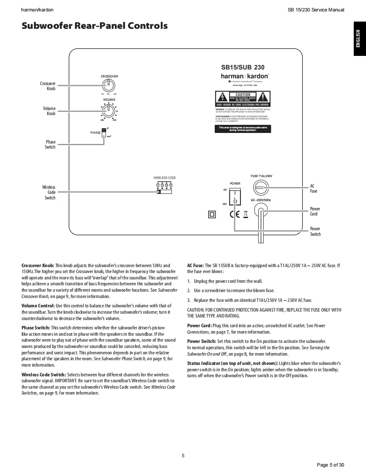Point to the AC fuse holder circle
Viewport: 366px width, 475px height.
click(261, 187)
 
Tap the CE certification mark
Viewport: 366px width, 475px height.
click(235, 214)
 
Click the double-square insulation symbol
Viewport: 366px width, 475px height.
click(212, 215)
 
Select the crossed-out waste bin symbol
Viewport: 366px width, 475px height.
click(246, 214)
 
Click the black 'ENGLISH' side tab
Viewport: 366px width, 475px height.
click(358, 39)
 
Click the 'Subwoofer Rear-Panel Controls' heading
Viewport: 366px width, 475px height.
click(95, 26)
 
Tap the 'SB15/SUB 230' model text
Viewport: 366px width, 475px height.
click(243, 67)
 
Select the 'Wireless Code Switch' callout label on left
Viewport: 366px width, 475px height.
click(49, 192)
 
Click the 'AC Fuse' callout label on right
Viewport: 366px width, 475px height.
click(313, 188)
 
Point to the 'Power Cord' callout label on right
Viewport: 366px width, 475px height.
click(315, 211)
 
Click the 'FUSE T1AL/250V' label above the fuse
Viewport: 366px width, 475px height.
click(261, 176)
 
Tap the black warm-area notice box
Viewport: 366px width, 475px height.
click(243, 129)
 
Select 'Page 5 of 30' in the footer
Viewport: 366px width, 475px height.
click(330, 465)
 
